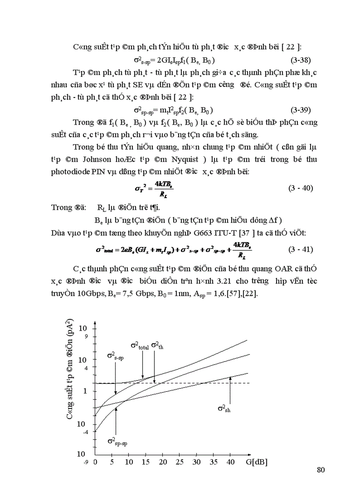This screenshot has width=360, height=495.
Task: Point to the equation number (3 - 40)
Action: [300, 188]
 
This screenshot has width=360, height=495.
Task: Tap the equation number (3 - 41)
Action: [300, 249]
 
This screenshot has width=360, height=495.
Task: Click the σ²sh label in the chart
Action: [224, 409]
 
